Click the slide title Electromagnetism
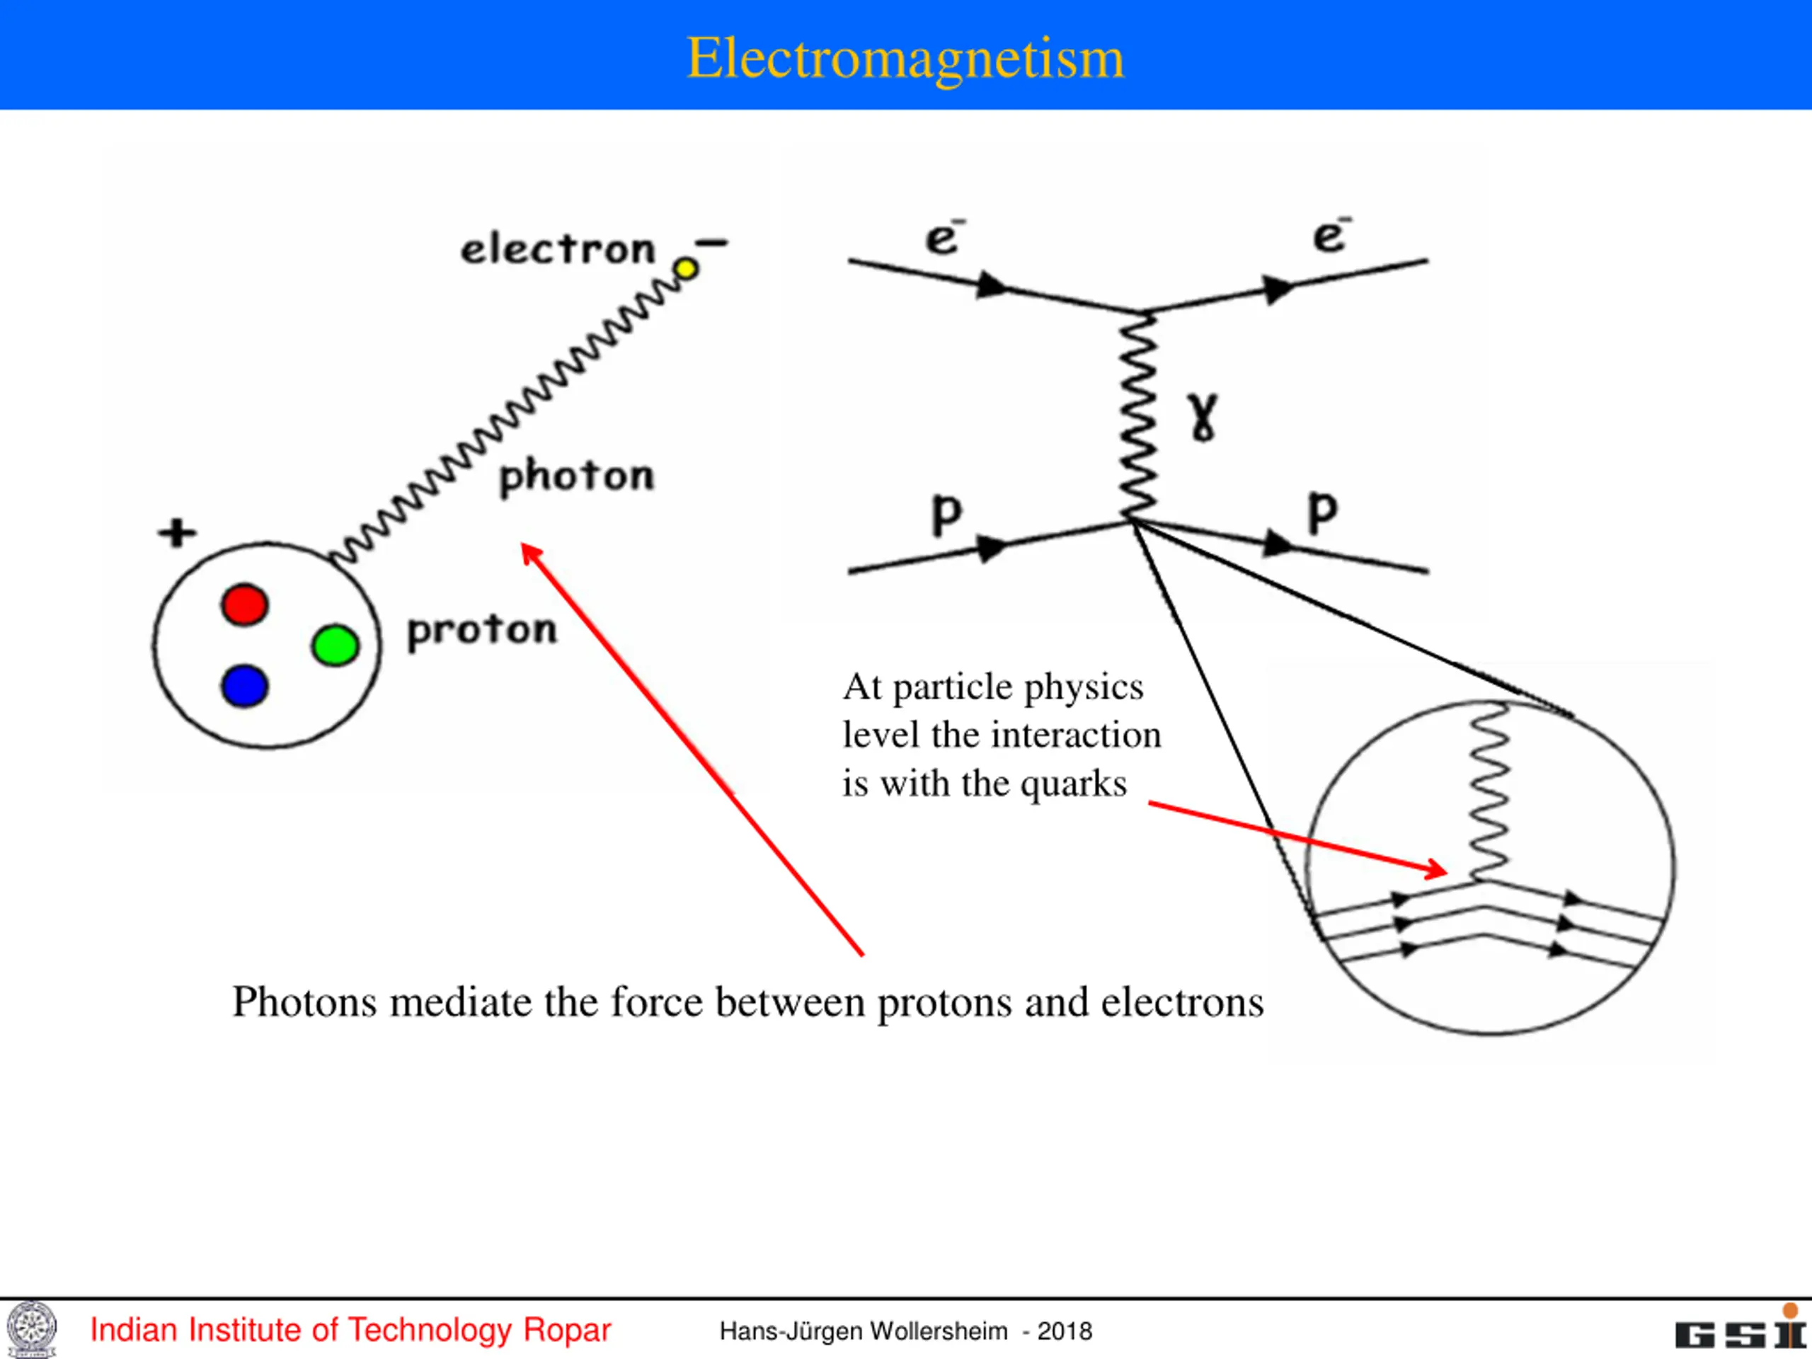pos(905,59)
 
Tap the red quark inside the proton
pos(244,604)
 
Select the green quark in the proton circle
pos(335,646)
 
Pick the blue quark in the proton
pos(244,686)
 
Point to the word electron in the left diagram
pos(558,249)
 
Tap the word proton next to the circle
pos(482,631)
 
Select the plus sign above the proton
pos(177,532)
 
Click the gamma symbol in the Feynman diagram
pos(1203,416)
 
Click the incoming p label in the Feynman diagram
pos(946,515)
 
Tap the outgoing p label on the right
pos(1322,512)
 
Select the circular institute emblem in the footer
pos(32,1329)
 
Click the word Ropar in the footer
pos(567,1330)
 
